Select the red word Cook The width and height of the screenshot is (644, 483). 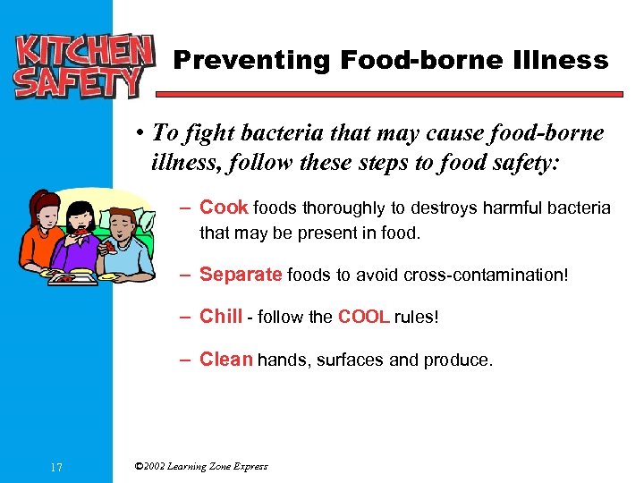[x=224, y=208]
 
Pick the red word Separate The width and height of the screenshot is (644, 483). [x=241, y=274]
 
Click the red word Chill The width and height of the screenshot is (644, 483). [x=221, y=316]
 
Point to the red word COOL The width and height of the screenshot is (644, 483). [x=364, y=317]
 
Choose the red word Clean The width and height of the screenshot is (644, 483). [x=226, y=360]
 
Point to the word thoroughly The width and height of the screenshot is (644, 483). [x=343, y=208]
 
